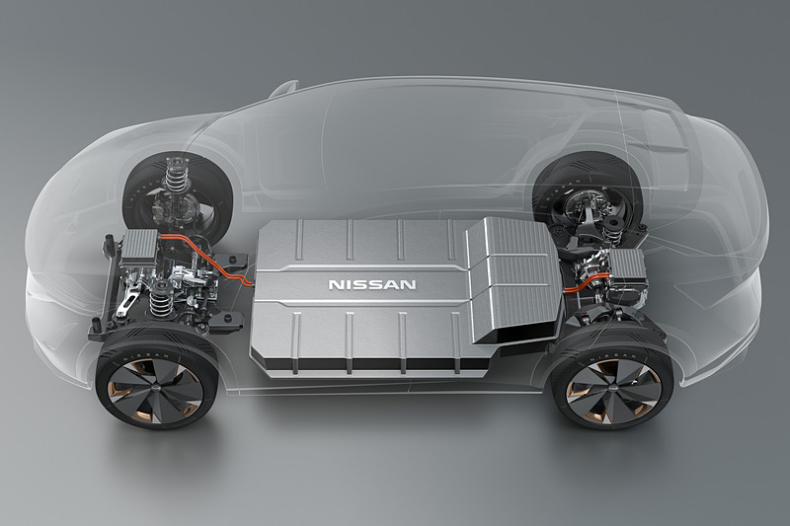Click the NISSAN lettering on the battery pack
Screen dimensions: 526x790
[371, 284]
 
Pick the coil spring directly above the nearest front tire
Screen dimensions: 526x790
[160, 296]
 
